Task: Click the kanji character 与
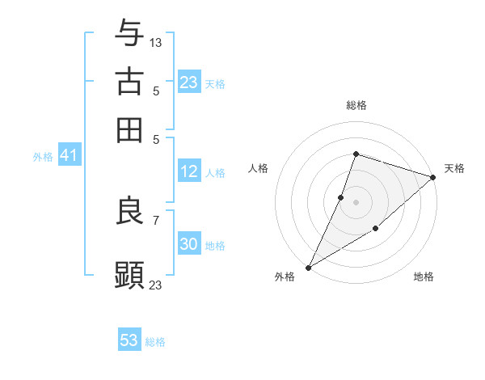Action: coord(129,33)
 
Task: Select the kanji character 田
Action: coord(129,129)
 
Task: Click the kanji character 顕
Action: coord(129,274)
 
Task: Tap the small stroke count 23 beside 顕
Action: coord(156,284)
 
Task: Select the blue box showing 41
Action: coord(68,155)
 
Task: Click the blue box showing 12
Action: coord(188,171)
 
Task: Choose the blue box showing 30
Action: coord(188,244)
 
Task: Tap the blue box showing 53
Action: coord(129,340)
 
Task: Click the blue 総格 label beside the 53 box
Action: coord(155,342)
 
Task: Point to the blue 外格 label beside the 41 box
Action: coord(42,157)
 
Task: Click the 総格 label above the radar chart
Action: coord(356,105)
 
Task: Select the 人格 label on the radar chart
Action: coord(258,168)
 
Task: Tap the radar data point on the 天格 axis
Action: coord(433,177)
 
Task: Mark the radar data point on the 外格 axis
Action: coord(308,267)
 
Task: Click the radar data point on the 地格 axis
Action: coord(376,230)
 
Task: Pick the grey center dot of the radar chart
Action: coord(356,201)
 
